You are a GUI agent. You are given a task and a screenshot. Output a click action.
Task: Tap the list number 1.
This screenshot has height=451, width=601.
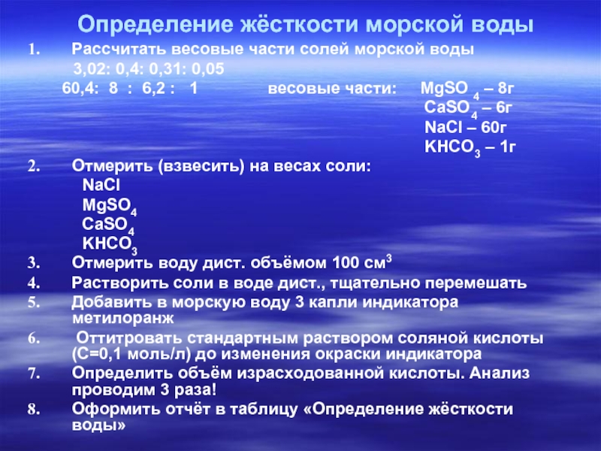click(x=34, y=50)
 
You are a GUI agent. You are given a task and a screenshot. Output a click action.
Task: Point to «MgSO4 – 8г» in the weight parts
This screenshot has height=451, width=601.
click(x=467, y=90)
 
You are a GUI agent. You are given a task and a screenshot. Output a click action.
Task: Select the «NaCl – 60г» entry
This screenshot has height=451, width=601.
click(x=465, y=127)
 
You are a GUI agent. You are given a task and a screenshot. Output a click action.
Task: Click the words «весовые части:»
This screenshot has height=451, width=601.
click(x=332, y=89)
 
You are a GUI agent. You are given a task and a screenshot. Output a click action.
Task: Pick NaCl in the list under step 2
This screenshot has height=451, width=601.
click(x=101, y=185)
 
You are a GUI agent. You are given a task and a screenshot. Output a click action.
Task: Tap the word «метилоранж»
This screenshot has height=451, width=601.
click(x=122, y=318)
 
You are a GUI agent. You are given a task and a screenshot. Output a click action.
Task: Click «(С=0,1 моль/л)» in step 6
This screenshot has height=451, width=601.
click(x=131, y=354)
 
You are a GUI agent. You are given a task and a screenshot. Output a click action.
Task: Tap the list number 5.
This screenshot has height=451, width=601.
click(x=34, y=303)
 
